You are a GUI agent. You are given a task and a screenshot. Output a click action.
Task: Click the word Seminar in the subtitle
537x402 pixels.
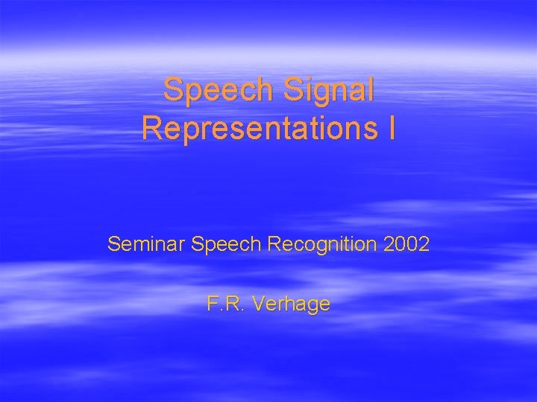147,243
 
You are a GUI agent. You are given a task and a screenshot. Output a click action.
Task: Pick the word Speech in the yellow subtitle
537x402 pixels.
222,243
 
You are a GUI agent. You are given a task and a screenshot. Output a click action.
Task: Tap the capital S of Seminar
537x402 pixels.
113,243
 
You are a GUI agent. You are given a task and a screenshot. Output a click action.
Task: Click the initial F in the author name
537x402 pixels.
213,304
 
